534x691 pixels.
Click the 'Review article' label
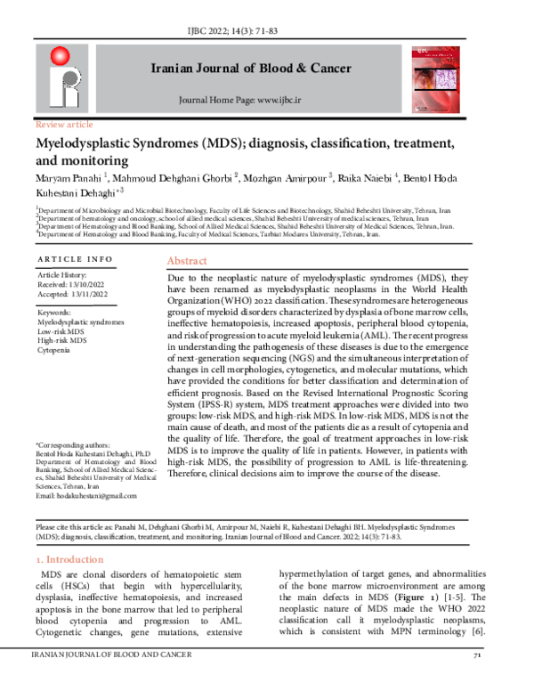tap(61, 125)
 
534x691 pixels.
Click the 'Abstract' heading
tap(189, 263)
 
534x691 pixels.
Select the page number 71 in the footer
tap(477, 681)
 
